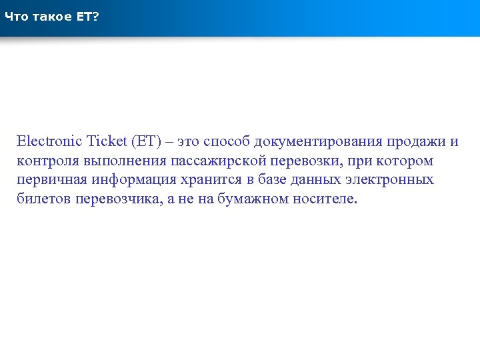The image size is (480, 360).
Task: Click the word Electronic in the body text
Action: (x=50, y=141)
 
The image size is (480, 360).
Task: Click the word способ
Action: (x=225, y=141)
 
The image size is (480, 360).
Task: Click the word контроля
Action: (x=47, y=161)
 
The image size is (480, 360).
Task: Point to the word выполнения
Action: (x=124, y=161)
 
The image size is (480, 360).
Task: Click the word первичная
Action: (x=51, y=180)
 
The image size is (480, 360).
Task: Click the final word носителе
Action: (x=325, y=199)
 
